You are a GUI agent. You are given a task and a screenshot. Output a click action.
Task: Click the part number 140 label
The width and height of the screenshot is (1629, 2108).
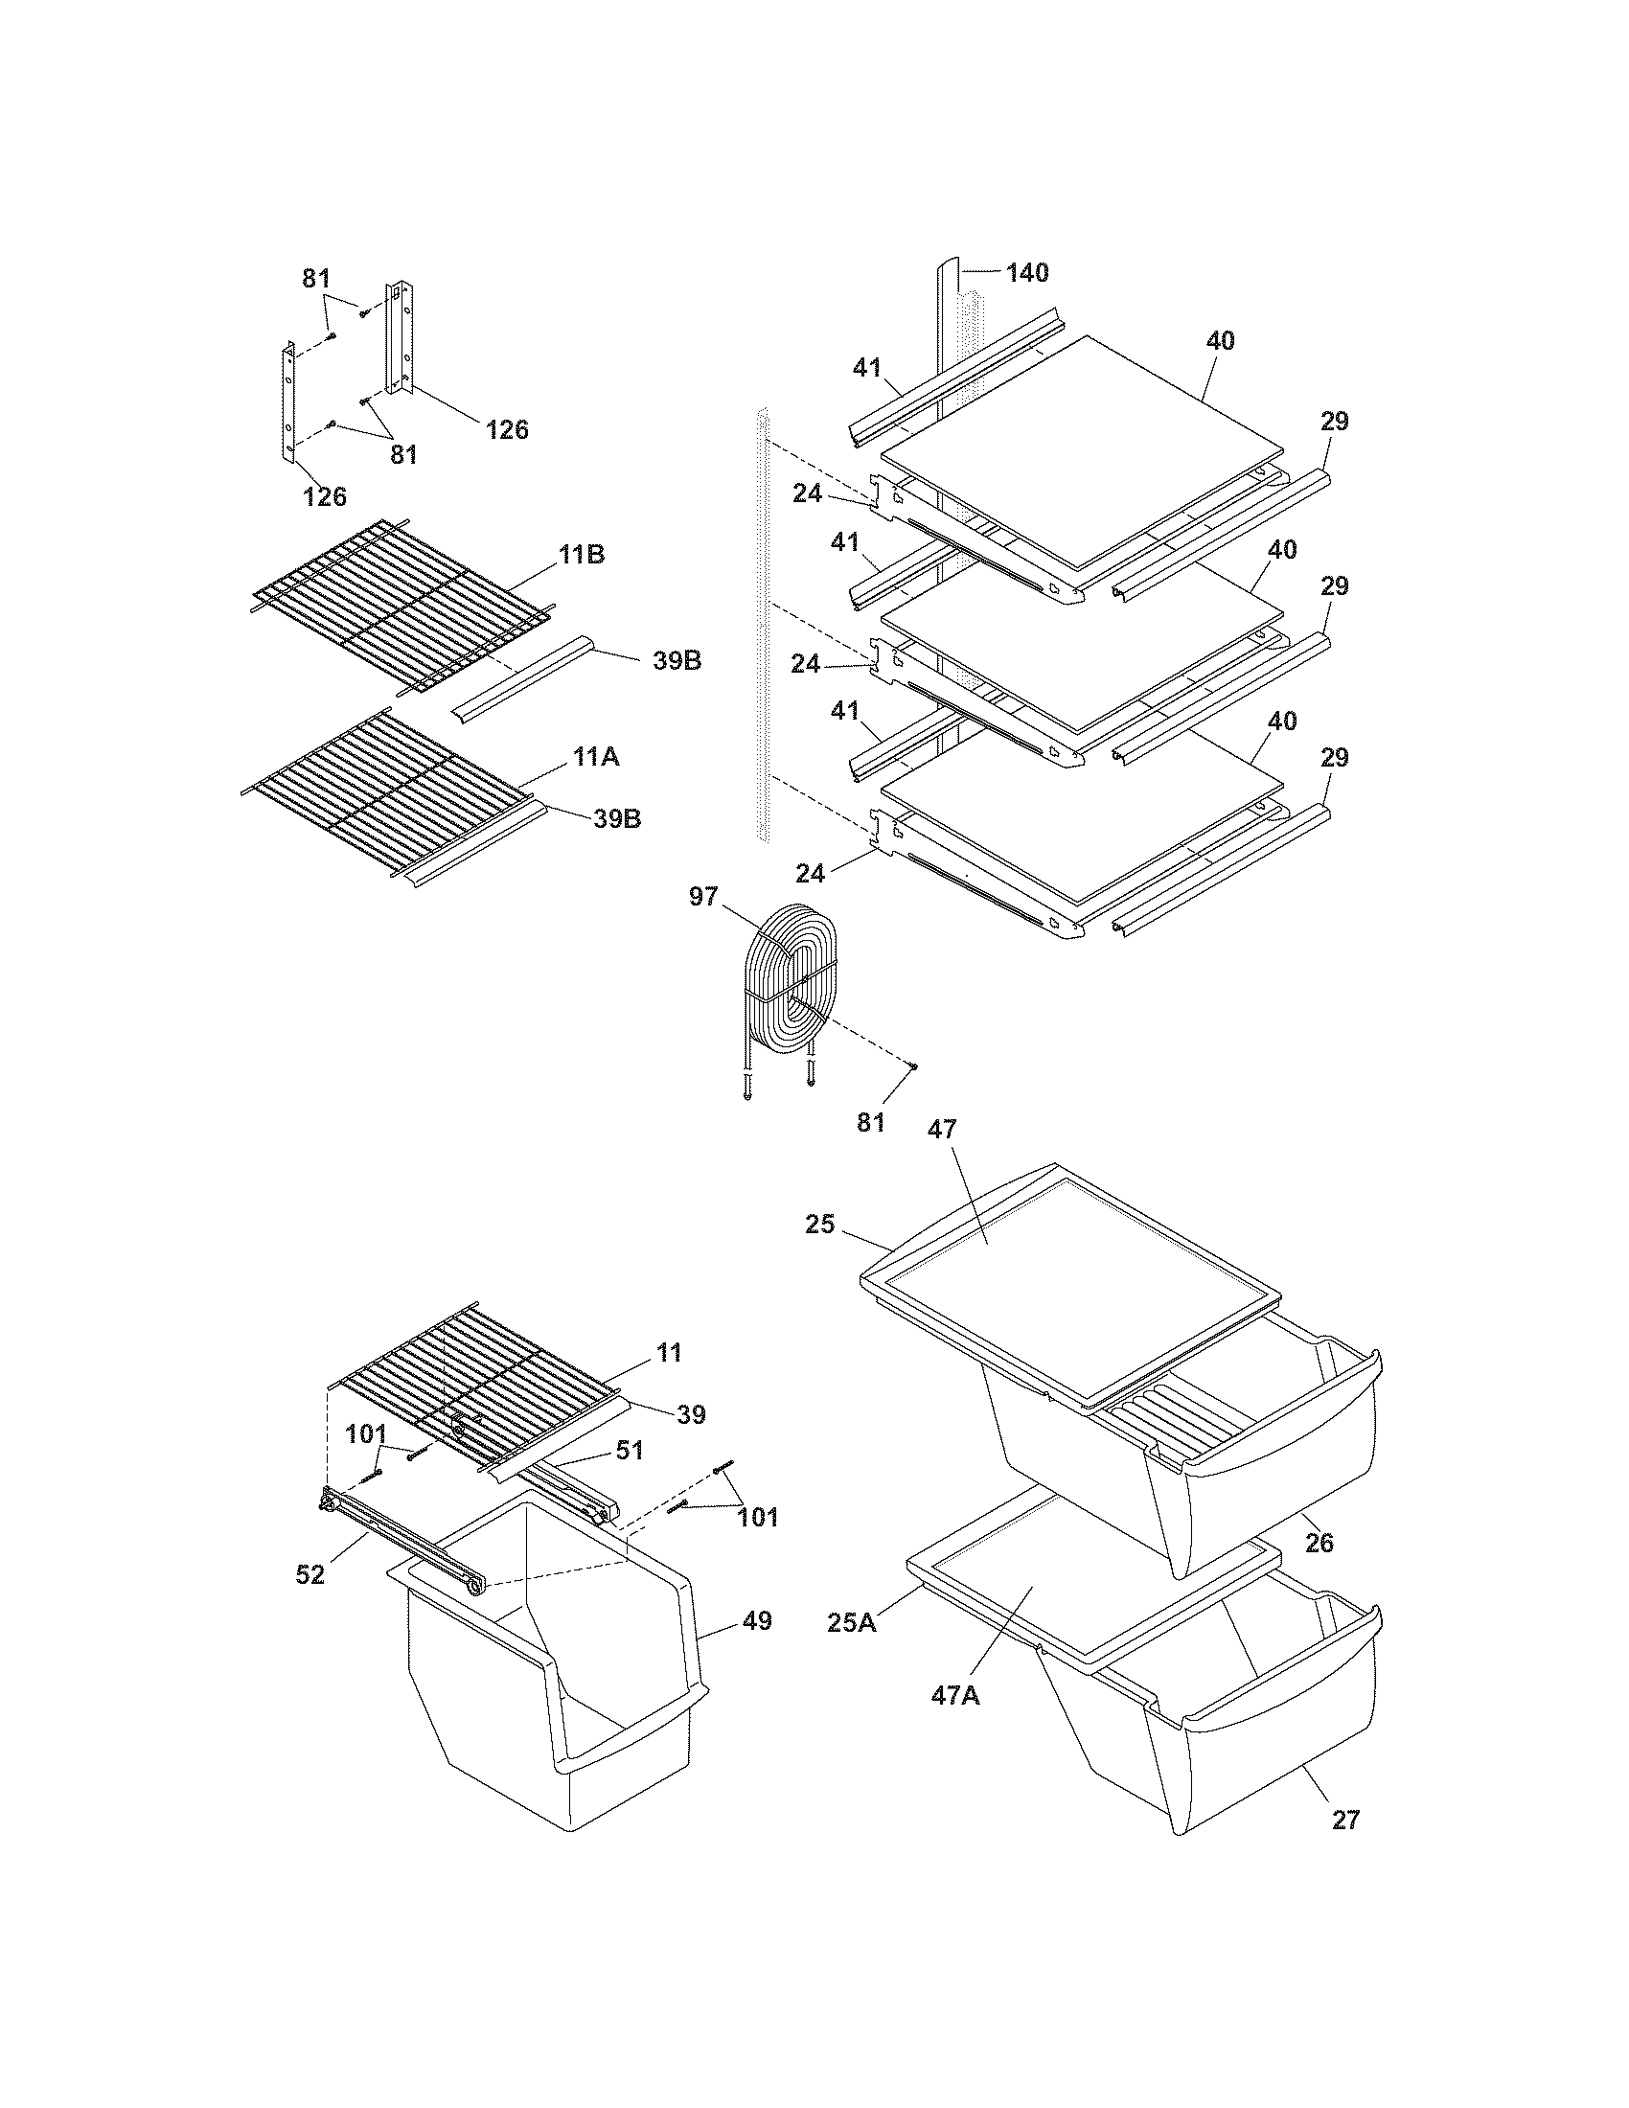coord(1027,273)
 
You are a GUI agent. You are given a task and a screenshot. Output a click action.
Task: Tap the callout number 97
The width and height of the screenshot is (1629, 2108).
coord(703,897)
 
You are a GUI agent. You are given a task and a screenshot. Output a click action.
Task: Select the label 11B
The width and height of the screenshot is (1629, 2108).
coord(581,555)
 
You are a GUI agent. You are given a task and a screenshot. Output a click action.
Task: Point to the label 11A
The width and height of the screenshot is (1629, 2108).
coord(595,757)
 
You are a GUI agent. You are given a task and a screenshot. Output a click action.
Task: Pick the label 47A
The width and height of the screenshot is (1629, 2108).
coord(955,1694)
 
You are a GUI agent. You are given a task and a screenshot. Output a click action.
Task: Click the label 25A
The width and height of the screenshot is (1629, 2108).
coord(852,1622)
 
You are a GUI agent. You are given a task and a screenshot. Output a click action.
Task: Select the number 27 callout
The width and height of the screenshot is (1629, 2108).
coord(1345,1821)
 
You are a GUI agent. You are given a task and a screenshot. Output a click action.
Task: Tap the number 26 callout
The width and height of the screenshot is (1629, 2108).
coord(1319,1543)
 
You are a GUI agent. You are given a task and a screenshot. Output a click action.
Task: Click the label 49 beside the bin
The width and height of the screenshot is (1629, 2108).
coord(758,1620)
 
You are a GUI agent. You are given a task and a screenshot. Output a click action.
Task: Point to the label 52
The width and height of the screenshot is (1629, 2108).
coord(310,1574)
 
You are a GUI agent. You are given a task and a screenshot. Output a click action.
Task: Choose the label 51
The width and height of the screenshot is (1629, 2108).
coord(631,1451)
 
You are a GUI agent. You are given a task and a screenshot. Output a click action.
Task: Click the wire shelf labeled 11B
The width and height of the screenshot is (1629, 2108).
coord(396,604)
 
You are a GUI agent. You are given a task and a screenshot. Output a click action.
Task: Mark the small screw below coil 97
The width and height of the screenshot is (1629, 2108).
coord(912,1065)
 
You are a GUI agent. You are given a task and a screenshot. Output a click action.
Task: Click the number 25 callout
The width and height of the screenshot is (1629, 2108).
coord(819,1225)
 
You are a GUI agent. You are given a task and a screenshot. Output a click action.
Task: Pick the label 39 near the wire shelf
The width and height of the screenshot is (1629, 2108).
coord(691,1415)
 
